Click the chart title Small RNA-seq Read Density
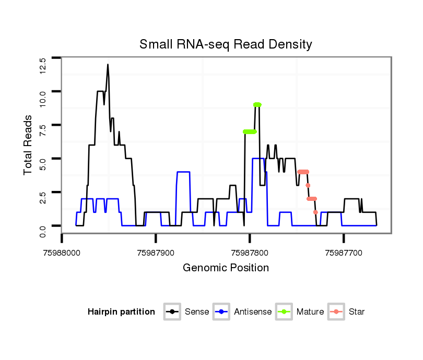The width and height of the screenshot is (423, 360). point(226,44)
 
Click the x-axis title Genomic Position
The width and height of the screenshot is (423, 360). point(226,268)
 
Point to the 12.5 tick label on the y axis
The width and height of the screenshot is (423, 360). point(42,65)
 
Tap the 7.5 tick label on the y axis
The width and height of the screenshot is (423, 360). point(42,131)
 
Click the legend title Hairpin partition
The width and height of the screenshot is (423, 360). point(121,312)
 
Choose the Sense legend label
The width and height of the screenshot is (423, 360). point(196,312)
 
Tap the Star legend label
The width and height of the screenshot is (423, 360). point(356,312)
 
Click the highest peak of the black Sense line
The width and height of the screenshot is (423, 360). point(108,65)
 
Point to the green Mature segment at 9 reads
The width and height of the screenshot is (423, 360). point(257,104)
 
